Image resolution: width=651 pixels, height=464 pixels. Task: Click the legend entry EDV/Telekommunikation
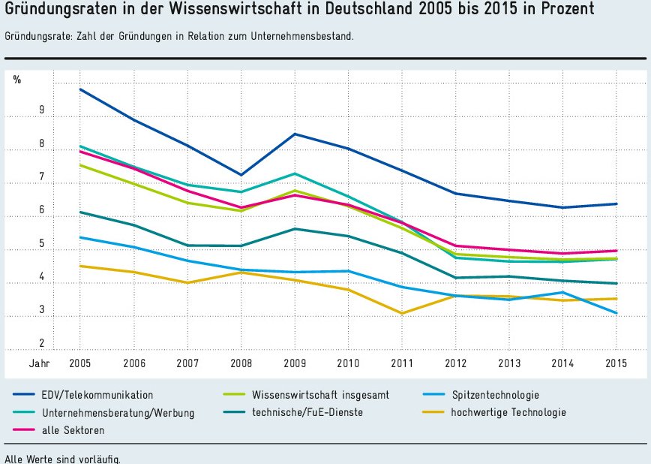pyautogui.click(x=97, y=394)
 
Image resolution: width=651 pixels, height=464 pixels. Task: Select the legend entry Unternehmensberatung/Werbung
pyautogui.click(x=118, y=412)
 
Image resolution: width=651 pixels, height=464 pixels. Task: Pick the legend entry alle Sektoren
pyautogui.click(x=73, y=430)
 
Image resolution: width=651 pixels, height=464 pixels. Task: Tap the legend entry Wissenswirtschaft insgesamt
pyautogui.click(x=320, y=394)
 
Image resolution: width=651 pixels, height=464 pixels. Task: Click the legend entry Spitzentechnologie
pyautogui.click(x=495, y=394)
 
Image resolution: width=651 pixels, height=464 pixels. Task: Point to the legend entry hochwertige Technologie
pyautogui.click(x=508, y=412)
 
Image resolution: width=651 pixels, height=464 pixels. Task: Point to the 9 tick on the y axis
pyautogui.click(x=42, y=110)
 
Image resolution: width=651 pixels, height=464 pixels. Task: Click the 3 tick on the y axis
pyautogui.click(x=42, y=309)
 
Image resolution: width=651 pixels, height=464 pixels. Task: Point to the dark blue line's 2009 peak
pyautogui.click(x=295, y=134)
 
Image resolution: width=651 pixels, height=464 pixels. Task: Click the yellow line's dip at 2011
pyautogui.click(x=402, y=313)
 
